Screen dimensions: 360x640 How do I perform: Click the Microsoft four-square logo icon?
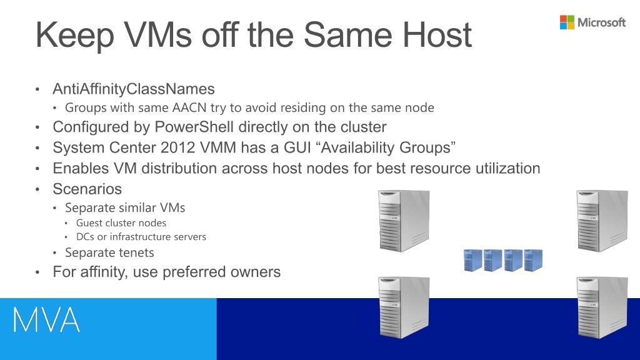(x=567, y=22)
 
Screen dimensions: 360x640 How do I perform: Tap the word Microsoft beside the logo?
(x=601, y=22)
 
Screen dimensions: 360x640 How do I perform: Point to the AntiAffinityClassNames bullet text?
(x=133, y=89)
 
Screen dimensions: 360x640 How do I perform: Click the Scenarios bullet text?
(x=87, y=189)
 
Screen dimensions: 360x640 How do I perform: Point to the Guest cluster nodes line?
(x=121, y=222)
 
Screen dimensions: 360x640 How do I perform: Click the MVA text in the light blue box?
(x=47, y=320)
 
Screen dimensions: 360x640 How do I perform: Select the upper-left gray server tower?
(x=404, y=221)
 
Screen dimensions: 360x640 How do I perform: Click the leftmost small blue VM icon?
(x=473, y=260)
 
